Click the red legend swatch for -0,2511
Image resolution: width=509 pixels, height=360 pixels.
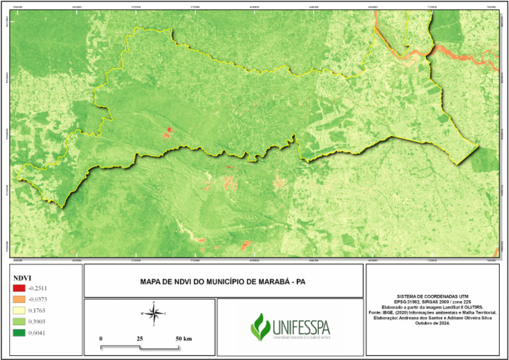pyautogui.click(x=19, y=288)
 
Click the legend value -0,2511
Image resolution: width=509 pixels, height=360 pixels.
pyautogui.click(x=38, y=288)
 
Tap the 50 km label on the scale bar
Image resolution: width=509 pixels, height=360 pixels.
pyautogui.click(x=184, y=339)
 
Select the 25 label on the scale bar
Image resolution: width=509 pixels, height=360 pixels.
pyautogui.click(x=140, y=339)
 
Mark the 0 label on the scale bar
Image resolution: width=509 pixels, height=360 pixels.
pyautogui.click(x=101, y=339)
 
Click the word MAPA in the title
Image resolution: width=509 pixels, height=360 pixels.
pyautogui.click(x=152, y=282)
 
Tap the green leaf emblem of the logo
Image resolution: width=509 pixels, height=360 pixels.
pyautogui.click(x=260, y=326)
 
